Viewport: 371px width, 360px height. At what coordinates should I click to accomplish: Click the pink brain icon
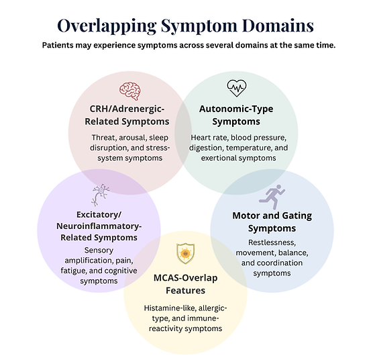(x=130, y=91)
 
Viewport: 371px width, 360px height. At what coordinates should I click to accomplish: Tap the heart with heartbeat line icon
(x=237, y=88)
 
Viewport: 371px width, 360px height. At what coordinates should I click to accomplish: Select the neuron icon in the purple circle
(x=101, y=195)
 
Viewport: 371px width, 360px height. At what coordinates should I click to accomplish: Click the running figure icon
(x=272, y=197)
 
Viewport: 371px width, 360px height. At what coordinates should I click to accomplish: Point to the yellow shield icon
(x=186, y=254)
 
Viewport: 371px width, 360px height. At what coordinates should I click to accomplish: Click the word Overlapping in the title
(x=107, y=26)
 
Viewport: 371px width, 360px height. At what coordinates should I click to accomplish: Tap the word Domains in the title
(x=278, y=25)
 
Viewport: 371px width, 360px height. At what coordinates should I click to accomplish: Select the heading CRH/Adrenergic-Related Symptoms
(x=127, y=115)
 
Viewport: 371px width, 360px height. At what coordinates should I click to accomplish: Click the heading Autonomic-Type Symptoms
(x=236, y=115)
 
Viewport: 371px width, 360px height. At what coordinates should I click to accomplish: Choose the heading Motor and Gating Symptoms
(x=272, y=222)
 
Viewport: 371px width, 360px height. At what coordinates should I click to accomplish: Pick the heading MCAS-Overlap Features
(x=185, y=284)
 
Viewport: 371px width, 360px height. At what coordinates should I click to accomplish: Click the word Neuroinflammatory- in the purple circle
(x=99, y=226)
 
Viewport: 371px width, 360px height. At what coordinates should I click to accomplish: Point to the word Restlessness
(x=272, y=242)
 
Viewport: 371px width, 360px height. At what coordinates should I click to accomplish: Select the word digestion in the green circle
(x=206, y=148)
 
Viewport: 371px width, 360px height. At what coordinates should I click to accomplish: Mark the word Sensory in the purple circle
(x=99, y=251)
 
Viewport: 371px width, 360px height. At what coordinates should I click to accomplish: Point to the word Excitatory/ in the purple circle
(x=99, y=215)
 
